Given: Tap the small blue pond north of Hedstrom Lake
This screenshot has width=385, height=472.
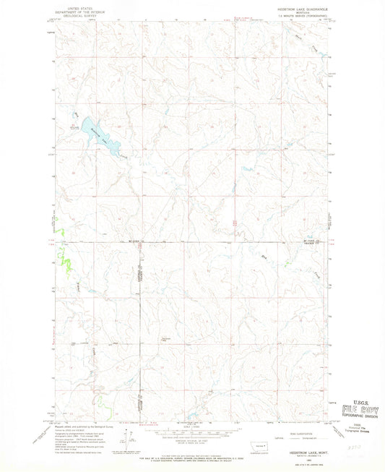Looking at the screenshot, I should (x=75, y=113).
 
